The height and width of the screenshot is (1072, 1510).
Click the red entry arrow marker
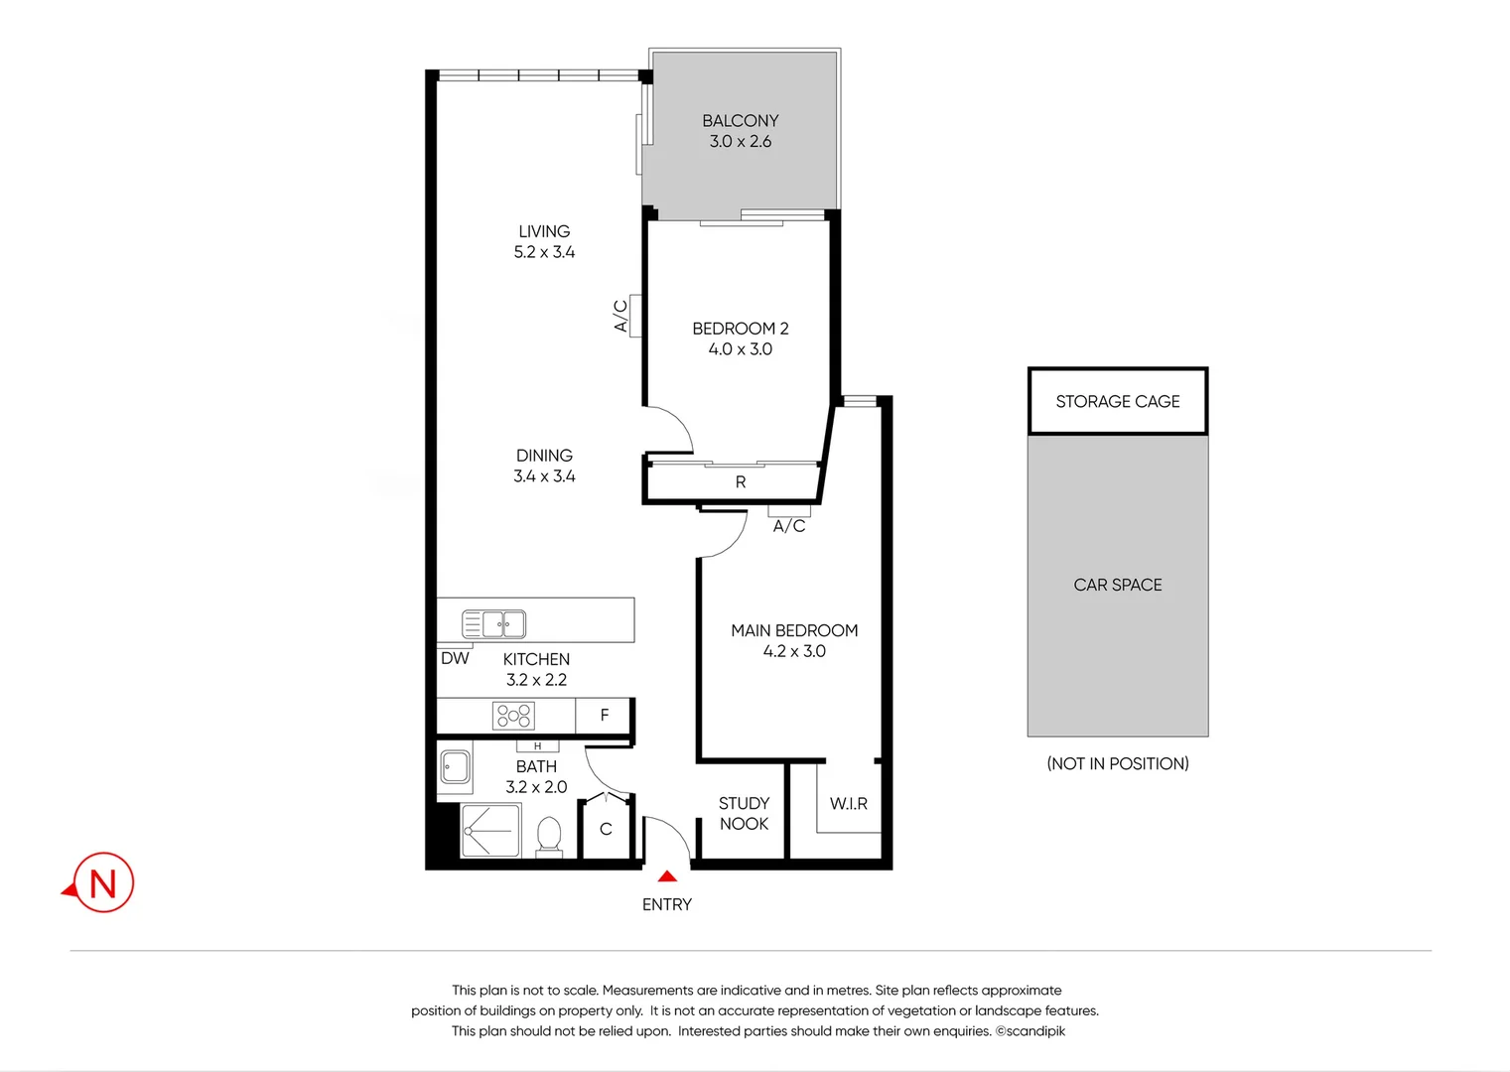pyautogui.click(x=667, y=875)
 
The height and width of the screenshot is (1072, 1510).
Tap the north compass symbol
pyautogui.click(x=102, y=882)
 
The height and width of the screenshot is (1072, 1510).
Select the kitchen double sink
pyautogui.click(x=493, y=624)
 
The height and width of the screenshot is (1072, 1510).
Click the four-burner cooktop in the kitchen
pyautogui.click(x=514, y=716)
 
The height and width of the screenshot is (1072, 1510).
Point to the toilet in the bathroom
pyautogui.click(x=549, y=836)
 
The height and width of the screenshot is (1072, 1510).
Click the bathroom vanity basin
pyautogui.click(x=456, y=767)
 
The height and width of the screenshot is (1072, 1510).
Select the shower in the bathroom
pyautogui.click(x=490, y=831)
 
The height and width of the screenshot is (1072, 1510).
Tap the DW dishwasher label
pyautogui.click(x=455, y=658)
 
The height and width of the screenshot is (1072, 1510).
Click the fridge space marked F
pyautogui.click(x=604, y=716)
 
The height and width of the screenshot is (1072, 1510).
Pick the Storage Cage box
pyautogui.click(x=1117, y=401)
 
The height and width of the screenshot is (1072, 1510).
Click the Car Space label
pyautogui.click(x=1117, y=585)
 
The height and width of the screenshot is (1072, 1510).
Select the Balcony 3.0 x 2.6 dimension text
pyautogui.click(x=740, y=142)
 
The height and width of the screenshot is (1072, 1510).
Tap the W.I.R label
pyautogui.click(x=848, y=803)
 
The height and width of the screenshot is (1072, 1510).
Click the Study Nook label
pyautogui.click(x=744, y=813)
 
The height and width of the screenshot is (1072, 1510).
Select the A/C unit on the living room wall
pyautogui.click(x=634, y=316)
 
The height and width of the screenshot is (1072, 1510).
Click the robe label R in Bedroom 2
pyautogui.click(x=740, y=482)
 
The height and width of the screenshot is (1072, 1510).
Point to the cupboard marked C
pyautogui.click(x=606, y=829)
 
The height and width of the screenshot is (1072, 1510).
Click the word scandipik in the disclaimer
pyautogui.click(x=1035, y=1031)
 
